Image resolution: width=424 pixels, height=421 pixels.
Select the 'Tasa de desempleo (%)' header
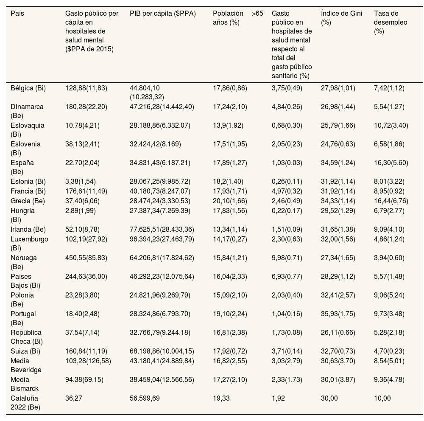[x=391, y=22]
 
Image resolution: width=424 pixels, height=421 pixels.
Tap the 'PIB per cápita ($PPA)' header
[x=163, y=14]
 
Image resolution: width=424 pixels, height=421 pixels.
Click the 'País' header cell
[x=17, y=14]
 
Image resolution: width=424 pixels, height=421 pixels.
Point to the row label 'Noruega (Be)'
[x=24, y=262]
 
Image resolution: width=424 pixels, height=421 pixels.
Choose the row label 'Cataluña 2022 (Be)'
[x=24, y=403]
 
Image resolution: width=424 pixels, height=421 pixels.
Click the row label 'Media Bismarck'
[x=25, y=384]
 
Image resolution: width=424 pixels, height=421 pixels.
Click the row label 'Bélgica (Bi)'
[x=28, y=88]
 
